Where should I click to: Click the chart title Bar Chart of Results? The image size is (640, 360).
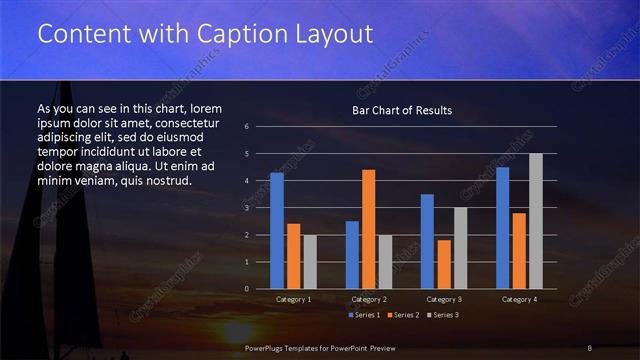[x=402, y=110]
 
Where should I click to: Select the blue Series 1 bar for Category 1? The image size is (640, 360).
[x=277, y=231]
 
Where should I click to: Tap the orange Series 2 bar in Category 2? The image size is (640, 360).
[x=369, y=229]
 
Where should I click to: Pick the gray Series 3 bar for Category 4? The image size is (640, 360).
[x=536, y=221]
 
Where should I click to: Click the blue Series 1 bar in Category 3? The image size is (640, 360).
[x=427, y=241]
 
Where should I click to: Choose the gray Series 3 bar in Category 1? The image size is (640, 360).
[x=310, y=262]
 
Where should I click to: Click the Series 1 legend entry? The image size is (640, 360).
[x=364, y=315]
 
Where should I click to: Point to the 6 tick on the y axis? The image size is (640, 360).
[x=247, y=127]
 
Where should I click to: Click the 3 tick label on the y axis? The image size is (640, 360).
[x=247, y=208]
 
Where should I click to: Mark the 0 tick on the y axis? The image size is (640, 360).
[x=247, y=289]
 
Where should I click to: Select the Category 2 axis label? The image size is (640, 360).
[x=369, y=299]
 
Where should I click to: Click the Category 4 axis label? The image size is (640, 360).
[x=519, y=299]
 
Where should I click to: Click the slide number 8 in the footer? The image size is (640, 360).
[x=590, y=347]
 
